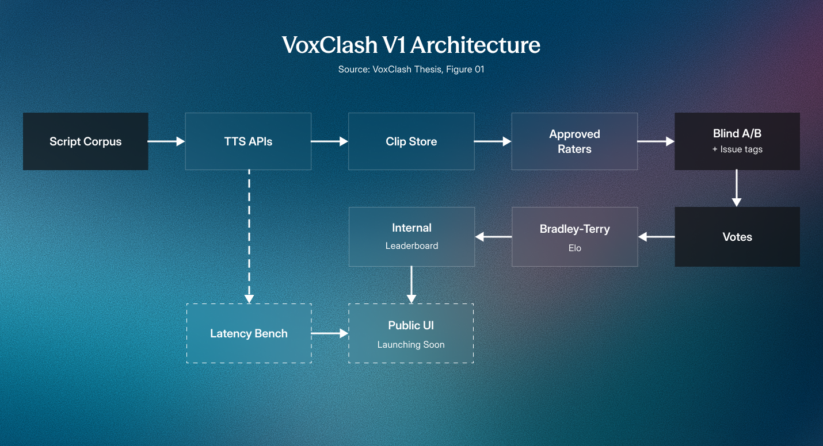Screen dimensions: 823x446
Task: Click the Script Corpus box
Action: click(86, 141)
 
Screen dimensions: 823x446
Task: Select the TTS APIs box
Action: click(249, 141)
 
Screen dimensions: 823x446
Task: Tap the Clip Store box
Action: click(411, 141)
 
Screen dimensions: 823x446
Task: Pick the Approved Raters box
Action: click(574, 141)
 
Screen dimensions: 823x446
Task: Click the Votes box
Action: click(737, 237)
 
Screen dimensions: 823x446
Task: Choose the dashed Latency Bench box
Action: click(249, 333)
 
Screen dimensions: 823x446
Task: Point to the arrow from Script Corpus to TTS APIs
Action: click(166, 141)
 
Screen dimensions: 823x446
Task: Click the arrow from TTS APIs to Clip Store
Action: click(330, 141)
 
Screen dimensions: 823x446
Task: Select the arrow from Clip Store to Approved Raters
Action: click(493, 141)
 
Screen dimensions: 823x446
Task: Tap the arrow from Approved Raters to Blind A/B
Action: click(656, 141)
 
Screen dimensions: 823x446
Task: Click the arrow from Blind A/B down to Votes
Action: click(737, 188)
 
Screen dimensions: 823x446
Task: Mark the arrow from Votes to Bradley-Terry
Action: click(657, 237)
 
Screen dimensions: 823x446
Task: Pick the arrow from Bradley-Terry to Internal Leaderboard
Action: click(493, 237)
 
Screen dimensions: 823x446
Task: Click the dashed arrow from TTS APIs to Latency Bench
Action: click(249, 237)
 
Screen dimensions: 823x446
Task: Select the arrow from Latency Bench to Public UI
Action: click(330, 333)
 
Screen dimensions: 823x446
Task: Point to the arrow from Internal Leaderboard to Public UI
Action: click(411, 284)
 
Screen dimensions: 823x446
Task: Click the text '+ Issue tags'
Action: click(737, 149)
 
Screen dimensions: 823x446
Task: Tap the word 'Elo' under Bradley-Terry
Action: click(574, 248)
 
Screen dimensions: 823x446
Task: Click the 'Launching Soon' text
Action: click(411, 345)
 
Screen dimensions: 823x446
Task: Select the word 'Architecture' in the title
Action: click(475, 45)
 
